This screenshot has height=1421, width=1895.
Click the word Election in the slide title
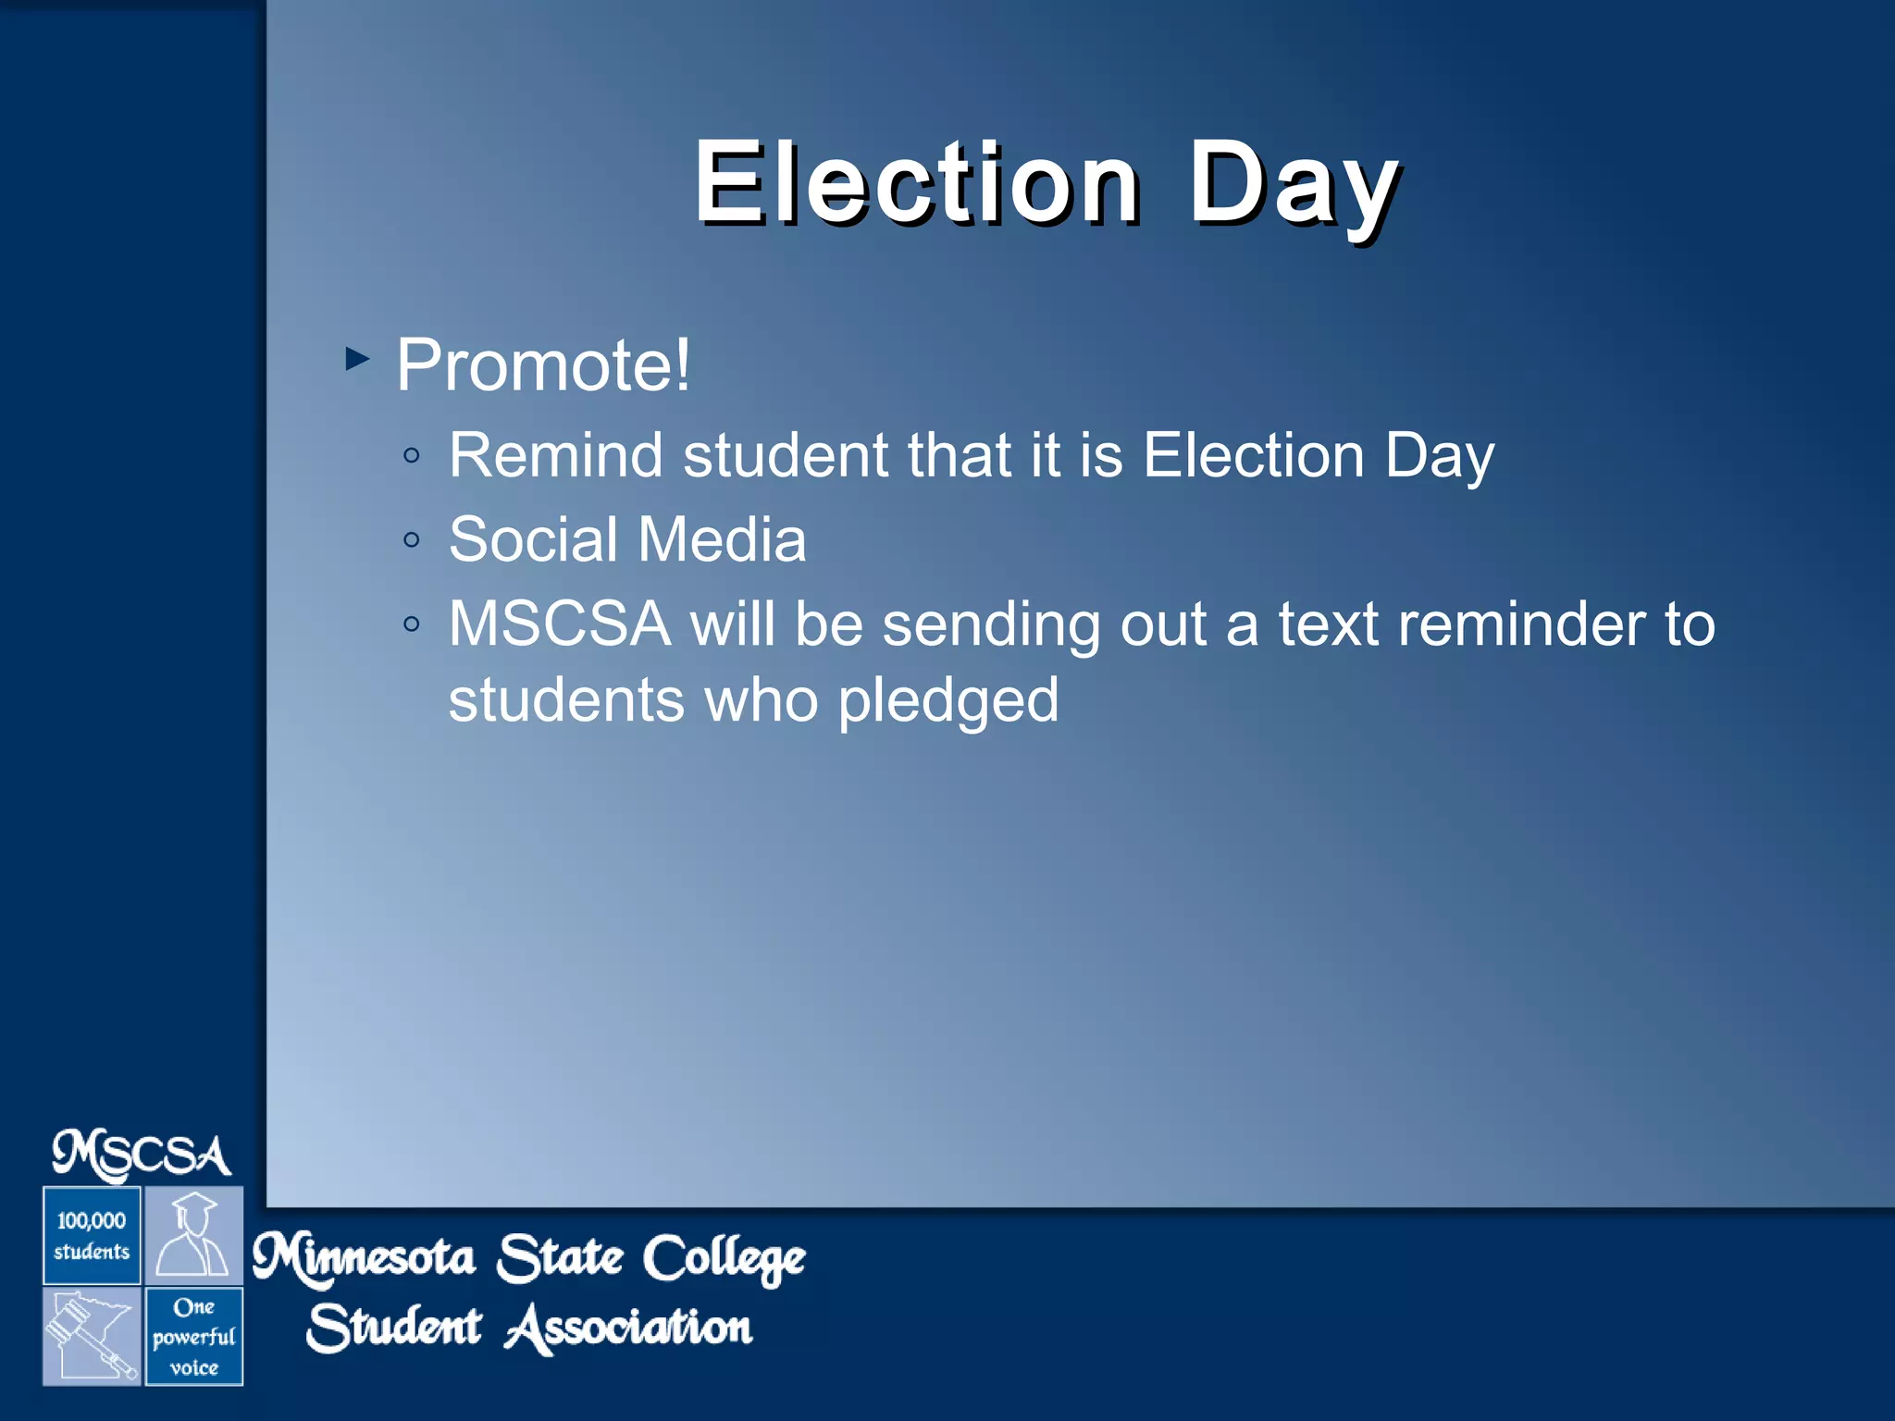tap(916, 182)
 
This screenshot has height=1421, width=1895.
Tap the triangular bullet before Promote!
tap(357, 358)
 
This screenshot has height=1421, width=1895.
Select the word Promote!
tap(543, 365)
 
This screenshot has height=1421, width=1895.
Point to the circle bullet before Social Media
tap(413, 540)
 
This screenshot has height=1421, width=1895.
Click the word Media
tap(722, 540)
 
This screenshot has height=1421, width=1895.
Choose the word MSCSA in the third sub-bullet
tap(559, 624)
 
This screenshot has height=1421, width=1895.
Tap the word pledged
tap(947, 700)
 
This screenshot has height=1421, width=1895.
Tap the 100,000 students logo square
tap(92, 1236)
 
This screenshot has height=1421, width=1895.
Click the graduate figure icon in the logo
tap(193, 1236)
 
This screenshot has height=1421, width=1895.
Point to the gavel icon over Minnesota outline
tap(92, 1337)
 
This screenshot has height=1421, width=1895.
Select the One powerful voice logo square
tap(193, 1337)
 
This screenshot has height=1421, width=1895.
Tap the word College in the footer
tap(724, 1259)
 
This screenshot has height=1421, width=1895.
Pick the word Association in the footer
tap(629, 1328)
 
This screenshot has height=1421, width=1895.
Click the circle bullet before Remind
tap(413, 456)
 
